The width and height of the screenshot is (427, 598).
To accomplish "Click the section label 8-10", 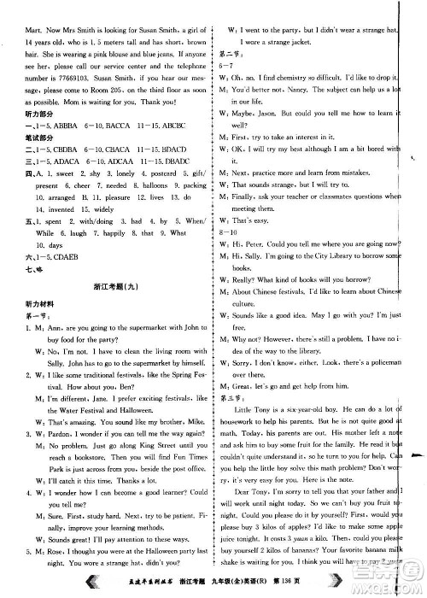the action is coord(236,231).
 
